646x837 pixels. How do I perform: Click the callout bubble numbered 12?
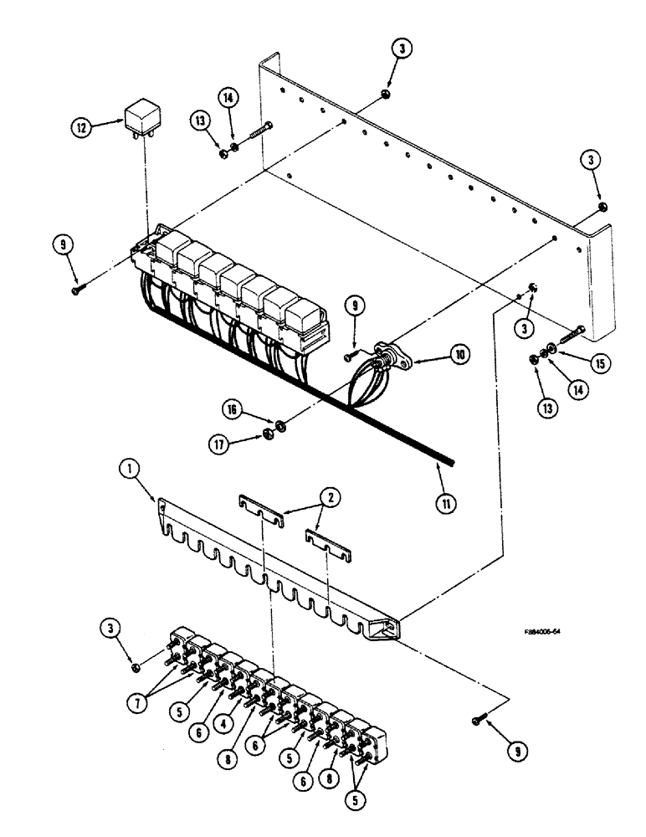(81, 127)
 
